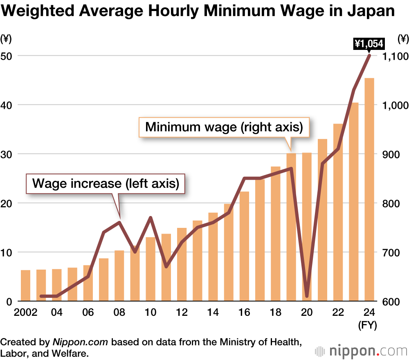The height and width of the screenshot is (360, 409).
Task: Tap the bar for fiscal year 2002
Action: click(x=25, y=286)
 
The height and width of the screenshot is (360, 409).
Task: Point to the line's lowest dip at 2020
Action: click(x=307, y=296)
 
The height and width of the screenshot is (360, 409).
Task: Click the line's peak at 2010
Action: click(x=151, y=218)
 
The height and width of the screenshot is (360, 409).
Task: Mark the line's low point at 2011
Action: click(x=166, y=267)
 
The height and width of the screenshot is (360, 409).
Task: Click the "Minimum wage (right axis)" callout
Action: click(x=224, y=127)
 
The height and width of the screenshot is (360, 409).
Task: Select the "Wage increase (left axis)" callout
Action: click(x=106, y=183)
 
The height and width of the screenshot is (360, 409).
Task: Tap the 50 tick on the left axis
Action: click(x=8, y=56)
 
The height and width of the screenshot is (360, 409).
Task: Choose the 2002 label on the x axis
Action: click(x=25, y=313)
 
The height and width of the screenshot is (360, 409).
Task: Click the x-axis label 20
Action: click(x=307, y=313)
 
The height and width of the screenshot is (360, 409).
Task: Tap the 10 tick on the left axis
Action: click(x=8, y=252)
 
